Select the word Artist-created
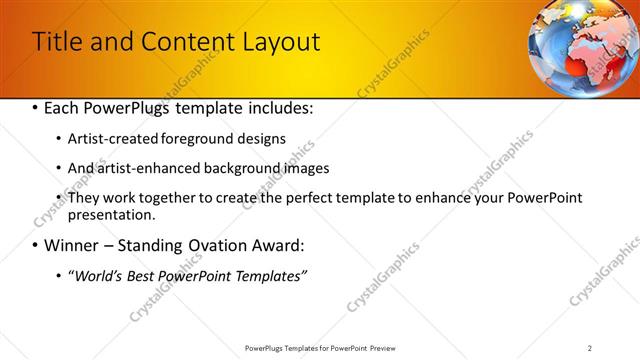click(111, 139)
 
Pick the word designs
click(260, 139)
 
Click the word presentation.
click(110, 214)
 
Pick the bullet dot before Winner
click(35, 246)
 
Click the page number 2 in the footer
click(590, 348)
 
